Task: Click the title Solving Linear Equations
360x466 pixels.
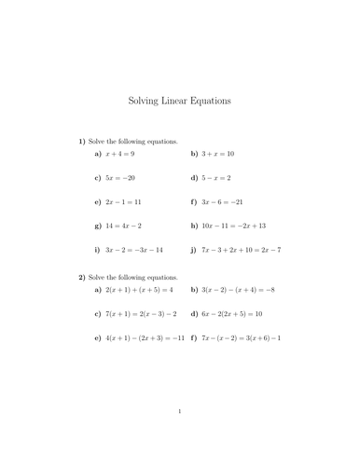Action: click(179, 100)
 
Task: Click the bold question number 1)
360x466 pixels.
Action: click(82, 140)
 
